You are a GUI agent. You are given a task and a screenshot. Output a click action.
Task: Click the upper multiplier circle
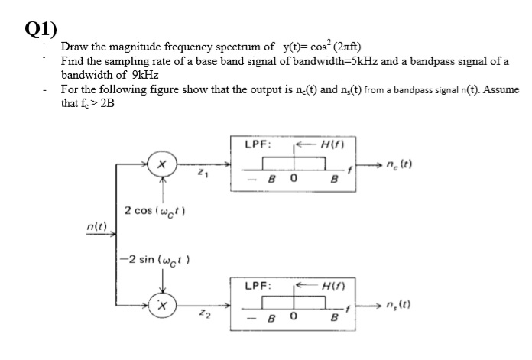[x=162, y=164]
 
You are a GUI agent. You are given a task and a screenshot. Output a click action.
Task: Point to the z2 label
[x=203, y=313]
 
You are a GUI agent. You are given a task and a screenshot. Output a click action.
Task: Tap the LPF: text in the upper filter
[x=256, y=143]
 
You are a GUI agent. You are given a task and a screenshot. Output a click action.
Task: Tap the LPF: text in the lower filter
[x=256, y=285]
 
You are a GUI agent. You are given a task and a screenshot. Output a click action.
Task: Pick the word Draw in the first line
[x=74, y=46]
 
